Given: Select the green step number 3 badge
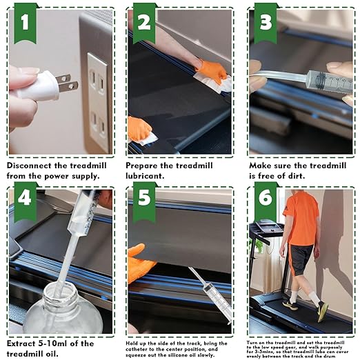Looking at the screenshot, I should pos(264,23).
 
